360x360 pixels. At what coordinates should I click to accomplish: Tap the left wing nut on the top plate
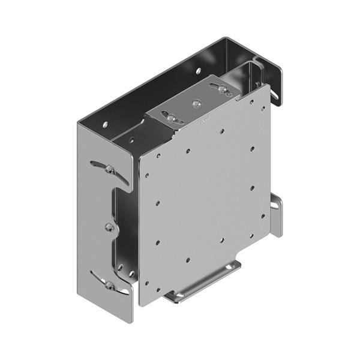click(172, 119)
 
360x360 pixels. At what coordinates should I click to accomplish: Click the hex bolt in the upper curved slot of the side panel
click(109, 170)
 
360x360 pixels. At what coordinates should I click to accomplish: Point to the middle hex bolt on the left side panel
click(109, 227)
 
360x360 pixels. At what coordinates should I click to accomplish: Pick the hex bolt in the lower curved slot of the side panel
click(110, 286)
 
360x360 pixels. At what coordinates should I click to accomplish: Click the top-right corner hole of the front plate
click(263, 109)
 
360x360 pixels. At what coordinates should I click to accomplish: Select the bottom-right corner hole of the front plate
click(262, 216)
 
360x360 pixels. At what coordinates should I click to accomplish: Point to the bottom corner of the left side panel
click(131, 320)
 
